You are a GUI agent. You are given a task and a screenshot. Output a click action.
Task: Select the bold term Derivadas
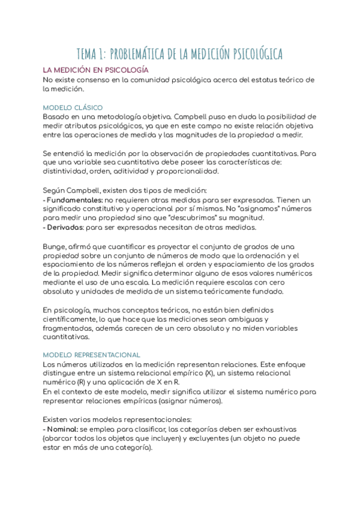[65, 227]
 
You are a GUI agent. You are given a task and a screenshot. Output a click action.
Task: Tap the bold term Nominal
[62, 430]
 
